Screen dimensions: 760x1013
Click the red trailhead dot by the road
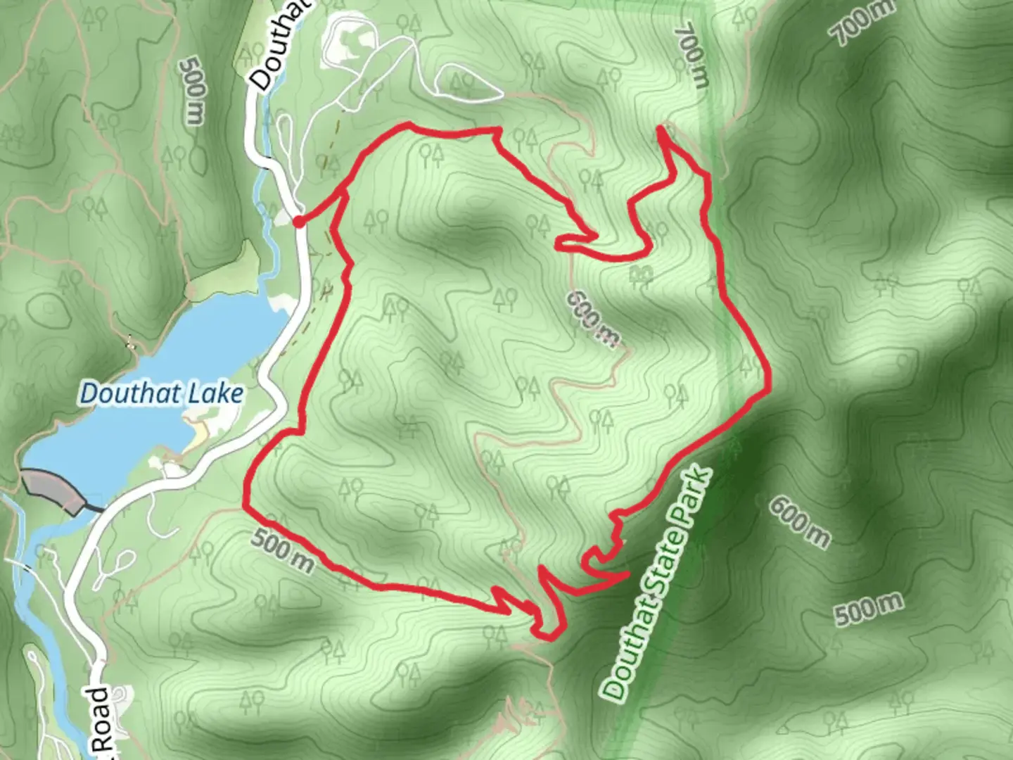298,222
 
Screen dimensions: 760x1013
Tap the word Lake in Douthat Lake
212,393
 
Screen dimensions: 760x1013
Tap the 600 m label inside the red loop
593,318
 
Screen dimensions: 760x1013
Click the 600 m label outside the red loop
799,521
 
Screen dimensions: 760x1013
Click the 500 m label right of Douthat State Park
868,609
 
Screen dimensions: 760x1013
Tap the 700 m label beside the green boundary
692,56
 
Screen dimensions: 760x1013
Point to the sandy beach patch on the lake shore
196,429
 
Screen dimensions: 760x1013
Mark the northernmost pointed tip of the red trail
661,127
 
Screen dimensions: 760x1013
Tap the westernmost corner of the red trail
246,505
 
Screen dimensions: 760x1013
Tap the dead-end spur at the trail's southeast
626,576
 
